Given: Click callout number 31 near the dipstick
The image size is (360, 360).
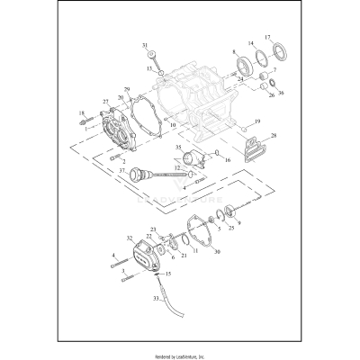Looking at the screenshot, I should [x=145, y=45].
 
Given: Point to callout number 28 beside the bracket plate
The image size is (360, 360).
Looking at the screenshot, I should [x=274, y=135].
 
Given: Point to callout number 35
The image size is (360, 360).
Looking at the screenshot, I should [x=177, y=146].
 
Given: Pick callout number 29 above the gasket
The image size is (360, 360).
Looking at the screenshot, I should [x=127, y=89].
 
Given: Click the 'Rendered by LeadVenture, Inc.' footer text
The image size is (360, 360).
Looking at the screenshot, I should [x=179, y=350].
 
